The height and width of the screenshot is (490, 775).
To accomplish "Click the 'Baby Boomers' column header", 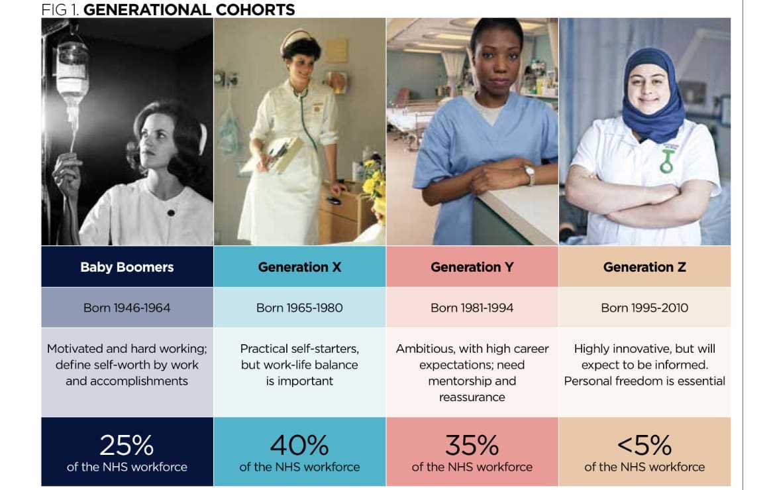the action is [127, 267].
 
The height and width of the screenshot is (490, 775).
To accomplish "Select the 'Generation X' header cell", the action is [299, 267].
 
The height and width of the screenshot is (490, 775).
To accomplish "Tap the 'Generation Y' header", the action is [472, 267].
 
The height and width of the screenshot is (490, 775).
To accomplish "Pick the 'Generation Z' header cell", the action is [645, 267].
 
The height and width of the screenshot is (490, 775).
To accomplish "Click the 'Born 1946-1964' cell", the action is [127, 308].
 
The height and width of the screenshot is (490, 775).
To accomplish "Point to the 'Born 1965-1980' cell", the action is [299, 308].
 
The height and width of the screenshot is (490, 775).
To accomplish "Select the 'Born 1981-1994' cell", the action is [472, 308].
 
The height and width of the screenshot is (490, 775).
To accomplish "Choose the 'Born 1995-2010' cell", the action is [645, 308].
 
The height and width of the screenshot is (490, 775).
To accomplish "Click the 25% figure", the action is [127, 445].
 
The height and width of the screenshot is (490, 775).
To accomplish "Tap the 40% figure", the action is [299, 445].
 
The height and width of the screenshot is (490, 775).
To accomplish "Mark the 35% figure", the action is [472, 445].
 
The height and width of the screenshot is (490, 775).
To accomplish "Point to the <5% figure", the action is [645, 445].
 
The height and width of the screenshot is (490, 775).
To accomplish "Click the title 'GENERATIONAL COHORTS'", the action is [189, 9].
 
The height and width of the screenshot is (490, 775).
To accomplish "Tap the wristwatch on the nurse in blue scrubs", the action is [530, 175].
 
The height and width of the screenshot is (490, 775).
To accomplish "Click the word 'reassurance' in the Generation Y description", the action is [472, 397].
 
